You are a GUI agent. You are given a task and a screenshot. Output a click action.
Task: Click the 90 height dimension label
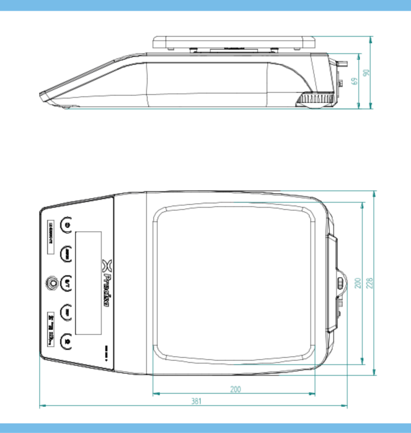coord(366,73)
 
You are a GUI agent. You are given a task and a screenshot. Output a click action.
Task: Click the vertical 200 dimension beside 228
coord(358,283)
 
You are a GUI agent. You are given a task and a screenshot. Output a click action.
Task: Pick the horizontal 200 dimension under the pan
coord(235,389)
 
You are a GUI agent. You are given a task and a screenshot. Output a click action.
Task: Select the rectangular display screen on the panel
coord(88,283)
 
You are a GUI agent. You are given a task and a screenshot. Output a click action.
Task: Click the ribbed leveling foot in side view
coord(315,99)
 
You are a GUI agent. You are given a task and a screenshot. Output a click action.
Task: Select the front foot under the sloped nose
coord(66,107)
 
